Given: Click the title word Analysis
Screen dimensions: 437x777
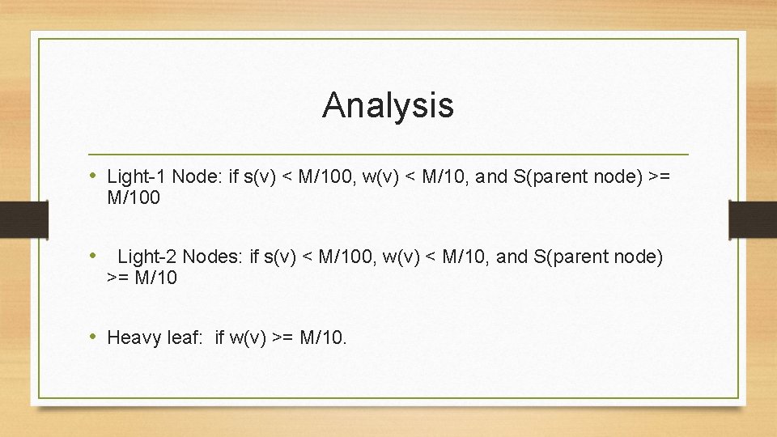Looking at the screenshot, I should click(x=388, y=105).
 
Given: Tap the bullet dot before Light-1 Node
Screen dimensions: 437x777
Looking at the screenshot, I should click(x=94, y=176).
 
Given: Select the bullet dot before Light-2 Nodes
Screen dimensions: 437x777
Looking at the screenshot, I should click(x=94, y=257).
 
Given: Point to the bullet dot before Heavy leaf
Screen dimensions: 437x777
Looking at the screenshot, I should click(x=94, y=336).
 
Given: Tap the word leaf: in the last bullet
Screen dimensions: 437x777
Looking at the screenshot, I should click(x=184, y=337).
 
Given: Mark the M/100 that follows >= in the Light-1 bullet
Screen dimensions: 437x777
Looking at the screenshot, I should click(x=134, y=197).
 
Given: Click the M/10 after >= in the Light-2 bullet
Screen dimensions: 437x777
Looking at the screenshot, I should click(x=156, y=278).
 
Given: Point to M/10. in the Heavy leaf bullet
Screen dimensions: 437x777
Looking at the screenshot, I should click(x=323, y=337).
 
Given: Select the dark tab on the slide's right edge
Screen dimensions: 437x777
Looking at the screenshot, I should click(x=753, y=219).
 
